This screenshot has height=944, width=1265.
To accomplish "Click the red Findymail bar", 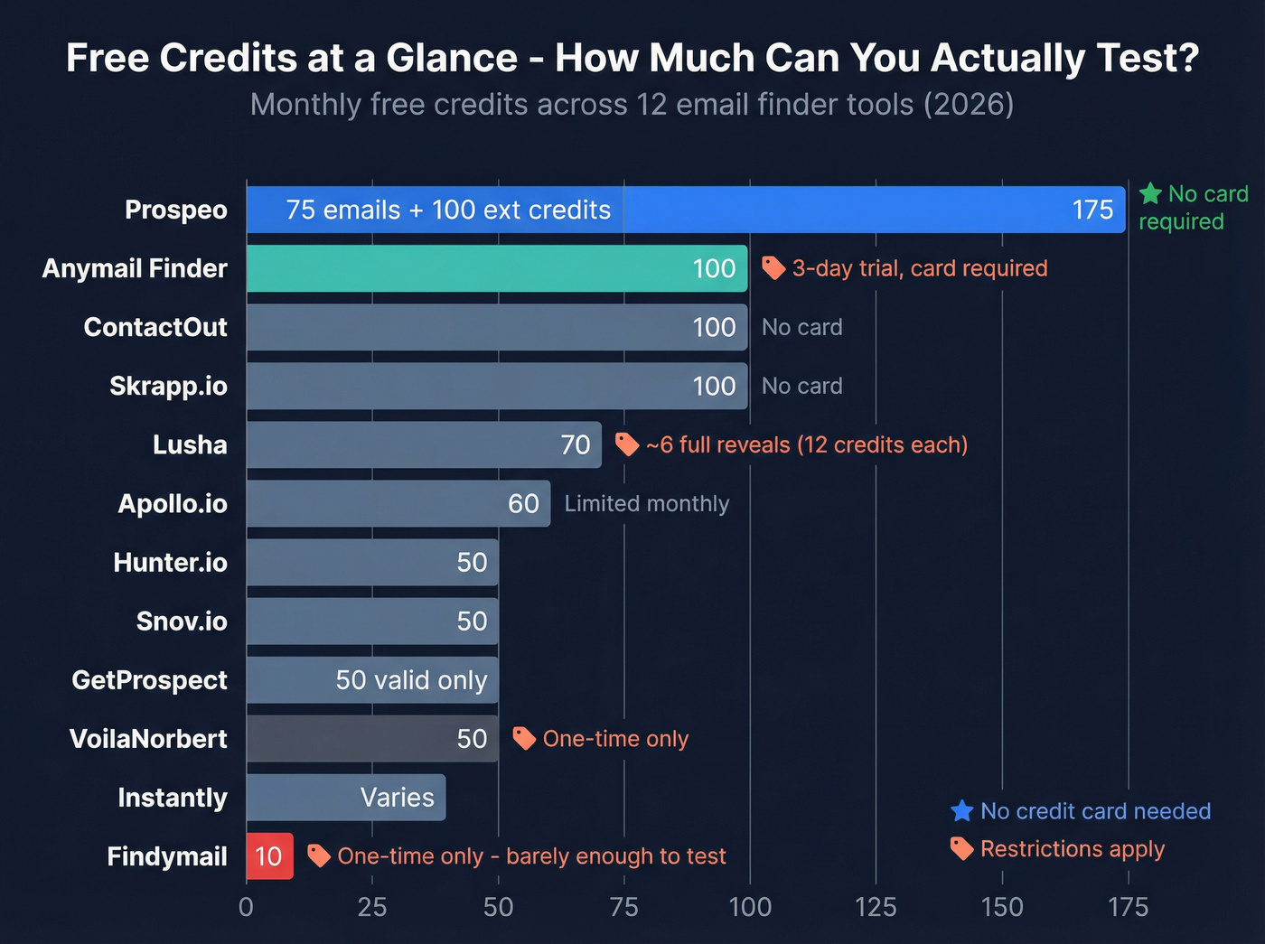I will coord(269,856).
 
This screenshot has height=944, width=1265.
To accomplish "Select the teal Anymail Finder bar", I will coord(497,268).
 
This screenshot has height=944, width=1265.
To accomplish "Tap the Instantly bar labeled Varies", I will coord(346,798).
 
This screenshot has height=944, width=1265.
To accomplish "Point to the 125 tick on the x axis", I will coord(876,907).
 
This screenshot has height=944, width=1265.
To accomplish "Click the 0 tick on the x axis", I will coord(246,907).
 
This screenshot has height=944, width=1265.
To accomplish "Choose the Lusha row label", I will coord(190,445).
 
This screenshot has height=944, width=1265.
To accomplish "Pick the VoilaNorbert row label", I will coord(148,739).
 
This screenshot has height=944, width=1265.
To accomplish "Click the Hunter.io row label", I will coord(170,563).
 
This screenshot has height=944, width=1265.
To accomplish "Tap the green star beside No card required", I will coord(1150,193).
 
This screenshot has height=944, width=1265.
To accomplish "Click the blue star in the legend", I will coord(962,811).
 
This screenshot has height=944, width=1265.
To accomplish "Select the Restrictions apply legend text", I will coord(1073,849).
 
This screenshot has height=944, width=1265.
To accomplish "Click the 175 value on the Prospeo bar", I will coord(1092,210).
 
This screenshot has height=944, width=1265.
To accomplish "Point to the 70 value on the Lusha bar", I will coord(576,445).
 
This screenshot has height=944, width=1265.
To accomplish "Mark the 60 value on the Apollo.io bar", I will coord(523,504).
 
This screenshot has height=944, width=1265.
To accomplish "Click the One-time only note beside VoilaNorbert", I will coord(615,739).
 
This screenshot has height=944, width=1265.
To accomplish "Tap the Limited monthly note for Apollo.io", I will coord(647,504).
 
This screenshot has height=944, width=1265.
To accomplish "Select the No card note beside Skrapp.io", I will coord(801,387).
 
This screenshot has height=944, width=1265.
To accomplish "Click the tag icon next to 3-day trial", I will coord(773,267).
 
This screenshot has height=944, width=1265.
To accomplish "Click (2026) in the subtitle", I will coord(968,105).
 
